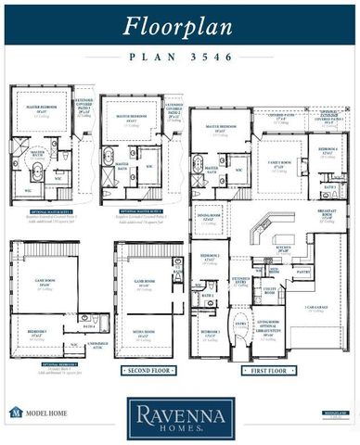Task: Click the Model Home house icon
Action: click(x=15, y=412)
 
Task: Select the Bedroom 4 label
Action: click(x=327, y=149)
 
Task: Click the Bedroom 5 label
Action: click(x=37, y=332)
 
